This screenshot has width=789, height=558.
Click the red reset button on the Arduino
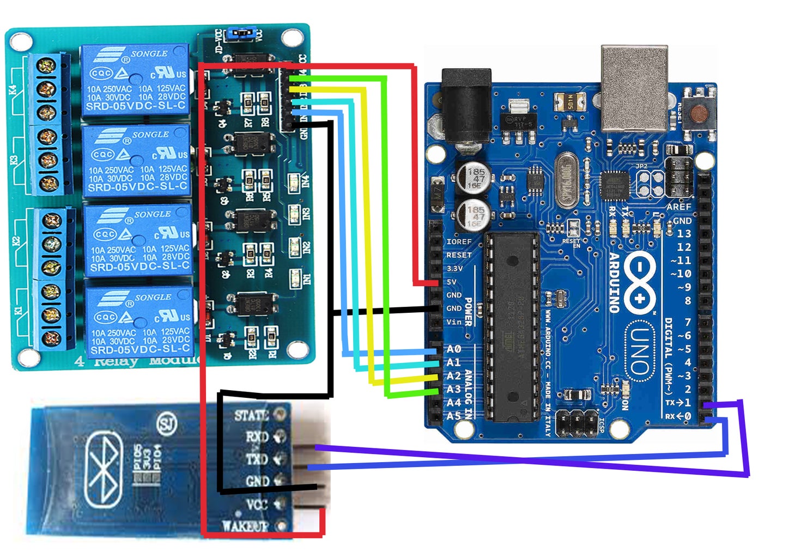coord(699,113)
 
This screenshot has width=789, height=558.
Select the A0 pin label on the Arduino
coord(453,349)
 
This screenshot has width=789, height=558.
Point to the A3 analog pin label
coord(453,389)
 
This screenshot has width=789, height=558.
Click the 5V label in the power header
coord(452,282)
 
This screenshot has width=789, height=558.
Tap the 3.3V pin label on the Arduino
coord(454,269)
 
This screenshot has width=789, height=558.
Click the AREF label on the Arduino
coord(678,207)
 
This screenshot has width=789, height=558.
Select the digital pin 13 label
coord(683,233)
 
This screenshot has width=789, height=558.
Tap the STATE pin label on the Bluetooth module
coord(251,416)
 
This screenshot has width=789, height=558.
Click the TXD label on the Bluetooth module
coord(256,459)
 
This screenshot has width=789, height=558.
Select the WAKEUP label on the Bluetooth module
coord(245,526)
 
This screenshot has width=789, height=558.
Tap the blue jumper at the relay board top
coord(240,34)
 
